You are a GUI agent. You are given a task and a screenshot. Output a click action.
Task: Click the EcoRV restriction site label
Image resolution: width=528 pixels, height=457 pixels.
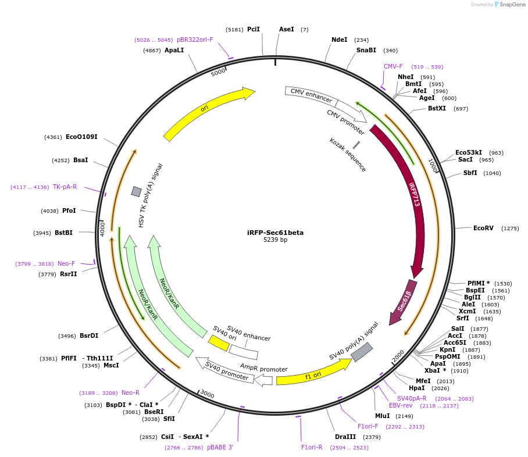[483, 228]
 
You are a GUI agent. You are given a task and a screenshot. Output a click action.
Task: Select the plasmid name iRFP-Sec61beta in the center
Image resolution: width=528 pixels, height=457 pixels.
[275, 233]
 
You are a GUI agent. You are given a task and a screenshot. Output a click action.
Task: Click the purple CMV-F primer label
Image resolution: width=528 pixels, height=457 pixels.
[393, 67]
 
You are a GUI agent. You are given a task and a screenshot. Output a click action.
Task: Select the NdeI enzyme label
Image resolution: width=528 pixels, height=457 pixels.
[339, 40]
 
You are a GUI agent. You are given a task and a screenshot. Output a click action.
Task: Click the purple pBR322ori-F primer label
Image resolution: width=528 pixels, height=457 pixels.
[195, 40]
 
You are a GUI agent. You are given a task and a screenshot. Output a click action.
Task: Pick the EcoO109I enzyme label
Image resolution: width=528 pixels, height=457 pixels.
[81, 137]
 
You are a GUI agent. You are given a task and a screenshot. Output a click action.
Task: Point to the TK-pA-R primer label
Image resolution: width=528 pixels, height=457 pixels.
[65, 187]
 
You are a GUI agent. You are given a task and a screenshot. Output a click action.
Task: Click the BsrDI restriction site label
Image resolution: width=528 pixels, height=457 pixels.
[89, 335]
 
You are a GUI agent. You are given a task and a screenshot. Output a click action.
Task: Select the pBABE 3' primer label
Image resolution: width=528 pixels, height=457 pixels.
[220, 447]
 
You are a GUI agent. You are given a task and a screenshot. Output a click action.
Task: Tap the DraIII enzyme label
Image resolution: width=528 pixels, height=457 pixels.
[345, 437]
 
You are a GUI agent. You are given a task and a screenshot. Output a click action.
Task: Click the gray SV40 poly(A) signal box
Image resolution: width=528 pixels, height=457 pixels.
[362, 352]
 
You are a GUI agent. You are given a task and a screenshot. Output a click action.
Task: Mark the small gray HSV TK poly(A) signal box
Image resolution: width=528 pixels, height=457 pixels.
[136, 191]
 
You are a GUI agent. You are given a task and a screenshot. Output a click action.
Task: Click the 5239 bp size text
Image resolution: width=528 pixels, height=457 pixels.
[275, 240]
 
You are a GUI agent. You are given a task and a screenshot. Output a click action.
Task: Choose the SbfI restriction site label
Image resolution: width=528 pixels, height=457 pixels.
[470, 173]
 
